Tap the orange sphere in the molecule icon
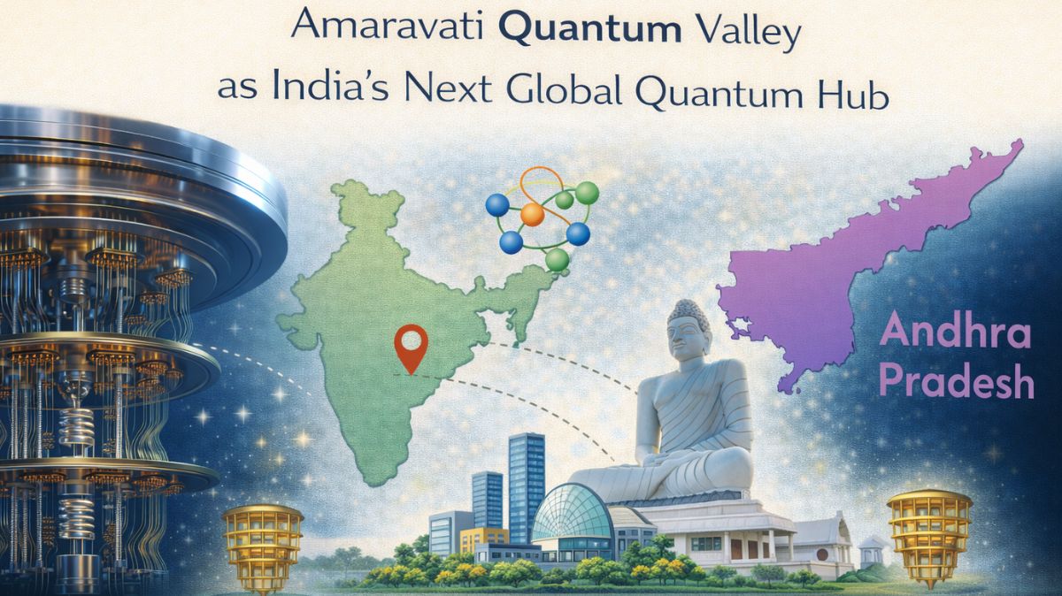(x=532, y=214)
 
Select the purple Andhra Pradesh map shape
(x=850, y=265)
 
